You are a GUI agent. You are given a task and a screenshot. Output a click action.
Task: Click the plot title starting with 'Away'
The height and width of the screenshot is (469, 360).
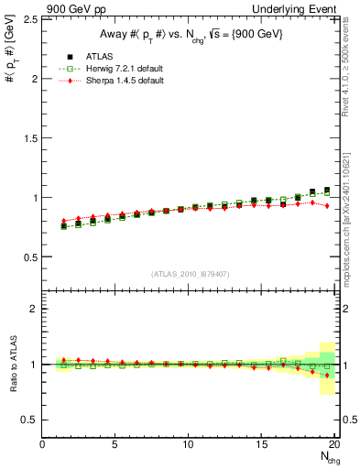point(191,34)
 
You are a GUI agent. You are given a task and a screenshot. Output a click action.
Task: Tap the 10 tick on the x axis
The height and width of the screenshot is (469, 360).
point(189,445)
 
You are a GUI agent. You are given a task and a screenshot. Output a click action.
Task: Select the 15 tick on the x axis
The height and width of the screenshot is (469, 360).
point(262,445)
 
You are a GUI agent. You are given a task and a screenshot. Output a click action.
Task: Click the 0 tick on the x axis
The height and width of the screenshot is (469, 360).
point(43,445)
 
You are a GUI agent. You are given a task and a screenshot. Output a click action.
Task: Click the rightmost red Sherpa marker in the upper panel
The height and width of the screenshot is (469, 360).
point(327,207)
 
